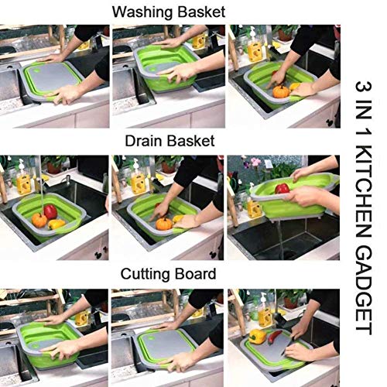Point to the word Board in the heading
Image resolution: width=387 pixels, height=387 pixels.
click(197, 275)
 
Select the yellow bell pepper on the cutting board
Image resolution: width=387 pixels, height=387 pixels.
click(258, 336)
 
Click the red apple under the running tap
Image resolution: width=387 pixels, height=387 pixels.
click(51, 211)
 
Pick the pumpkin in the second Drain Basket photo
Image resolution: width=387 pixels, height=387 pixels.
click(164, 224)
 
